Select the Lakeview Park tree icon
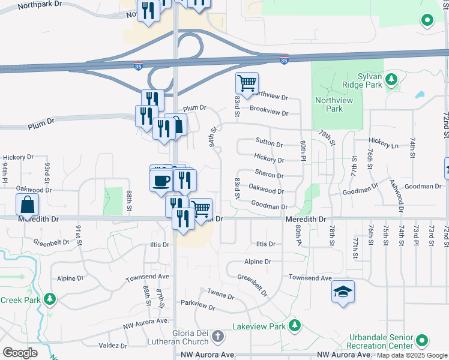point(294,326)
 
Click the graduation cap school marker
point(343,292)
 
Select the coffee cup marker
point(161,181)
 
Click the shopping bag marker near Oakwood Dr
point(28,205)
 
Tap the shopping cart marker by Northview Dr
point(247,83)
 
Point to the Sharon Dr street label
point(268,175)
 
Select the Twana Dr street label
point(220,295)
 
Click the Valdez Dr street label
point(113,346)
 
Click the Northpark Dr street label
point(40,5)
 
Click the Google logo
point(20,353)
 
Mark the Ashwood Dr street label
point(397,198)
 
